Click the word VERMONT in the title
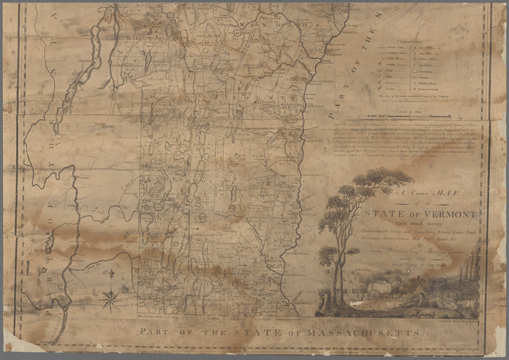[451, 215]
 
